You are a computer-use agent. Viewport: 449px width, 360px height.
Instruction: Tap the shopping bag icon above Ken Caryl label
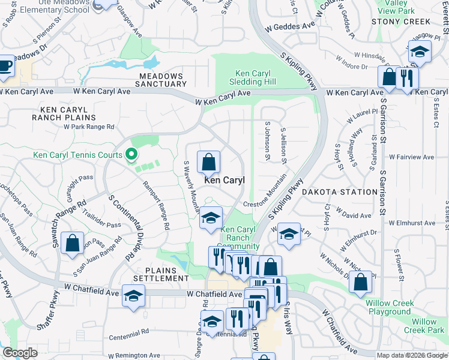tap(208, 162)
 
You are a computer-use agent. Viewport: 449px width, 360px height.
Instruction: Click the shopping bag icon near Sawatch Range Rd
tap(72, 244)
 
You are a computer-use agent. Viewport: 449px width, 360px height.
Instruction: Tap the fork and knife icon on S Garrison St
tap(407, 78)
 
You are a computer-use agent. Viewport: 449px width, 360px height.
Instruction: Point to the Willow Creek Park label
tap(424, 326)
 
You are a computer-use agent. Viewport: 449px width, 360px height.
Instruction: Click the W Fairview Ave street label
tap(411, 157)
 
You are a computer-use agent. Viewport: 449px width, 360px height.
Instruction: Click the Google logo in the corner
tap(20, 353)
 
